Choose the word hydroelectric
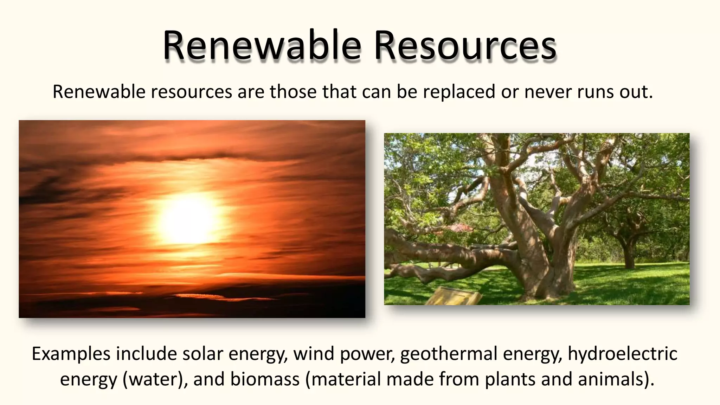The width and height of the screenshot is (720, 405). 622,354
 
